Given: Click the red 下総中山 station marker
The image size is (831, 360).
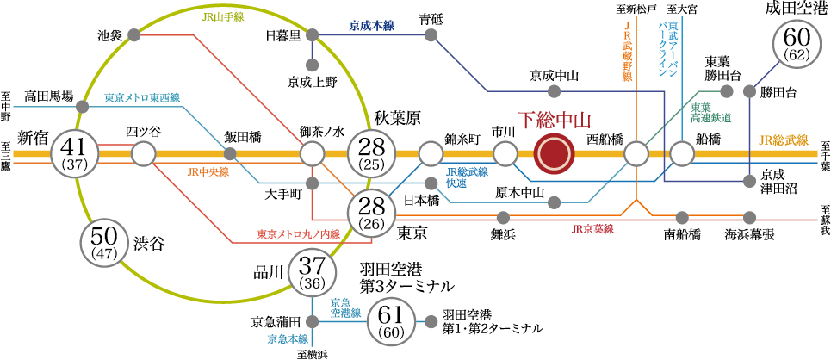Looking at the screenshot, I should (x=554, y=154).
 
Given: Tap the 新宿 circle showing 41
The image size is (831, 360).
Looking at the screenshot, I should (x=75, y=154).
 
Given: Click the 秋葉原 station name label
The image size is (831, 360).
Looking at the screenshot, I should (x=395, y=118).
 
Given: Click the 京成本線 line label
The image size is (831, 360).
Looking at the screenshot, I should (x=371, y=27).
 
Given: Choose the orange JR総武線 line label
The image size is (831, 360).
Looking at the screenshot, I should (x=784, y=140).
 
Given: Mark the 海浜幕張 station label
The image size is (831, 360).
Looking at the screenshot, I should (x=749, y=233).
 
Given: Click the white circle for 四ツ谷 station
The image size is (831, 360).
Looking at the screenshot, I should (x=144, y=154).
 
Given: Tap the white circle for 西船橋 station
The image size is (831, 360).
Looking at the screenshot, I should (x=636, y=154).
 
